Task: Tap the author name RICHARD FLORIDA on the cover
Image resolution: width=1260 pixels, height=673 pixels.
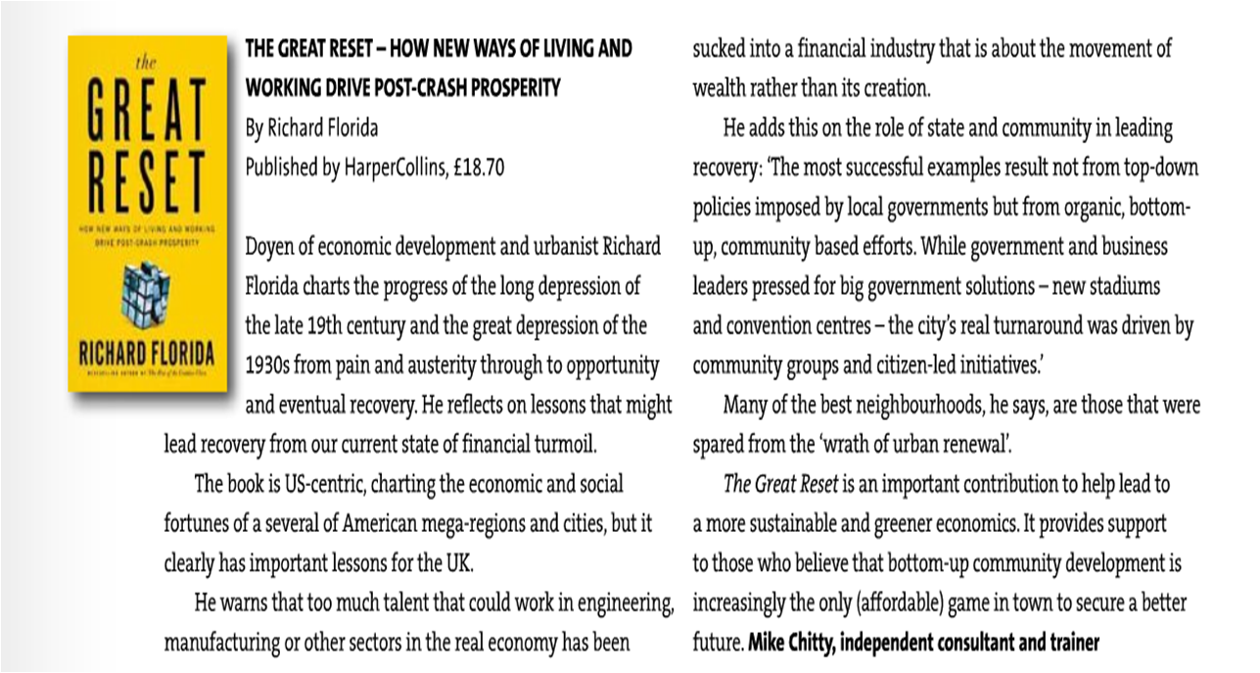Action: (x=147, y=350)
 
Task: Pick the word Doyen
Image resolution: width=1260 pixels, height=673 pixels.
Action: (x=269, y=246)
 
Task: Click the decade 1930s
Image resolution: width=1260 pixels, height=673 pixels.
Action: (x=270, y=365)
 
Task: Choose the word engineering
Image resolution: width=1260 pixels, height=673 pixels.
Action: (x=615, y=604)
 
